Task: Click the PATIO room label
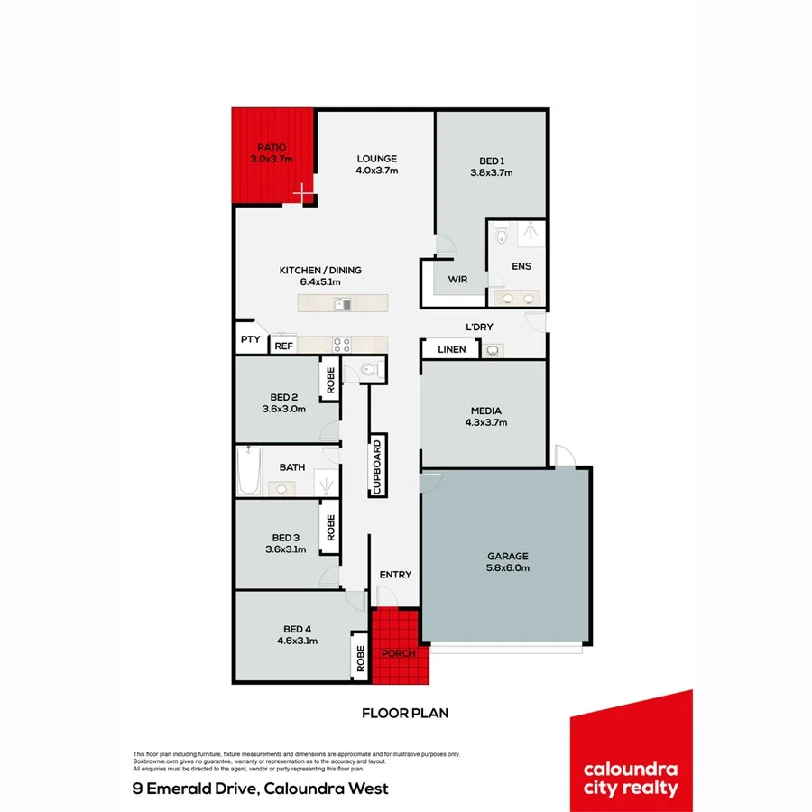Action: [272, 146]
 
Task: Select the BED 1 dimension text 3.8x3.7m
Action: [491, 173]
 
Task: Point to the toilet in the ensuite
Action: [503, 237]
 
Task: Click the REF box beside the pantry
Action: [283, 345]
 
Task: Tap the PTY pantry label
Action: [250, 340]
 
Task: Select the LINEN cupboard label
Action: [452, 349]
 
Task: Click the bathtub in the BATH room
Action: [248, 471]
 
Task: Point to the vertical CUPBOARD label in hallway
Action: [379, 466]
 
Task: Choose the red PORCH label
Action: [397, 653]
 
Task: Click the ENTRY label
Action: [395, 575]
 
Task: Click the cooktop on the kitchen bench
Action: [343, 344]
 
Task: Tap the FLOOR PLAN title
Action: [405, 713]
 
